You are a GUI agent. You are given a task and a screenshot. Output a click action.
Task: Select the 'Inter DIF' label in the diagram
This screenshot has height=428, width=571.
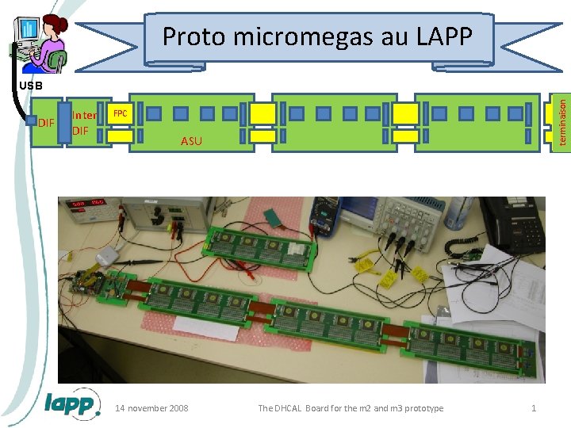(84, 123)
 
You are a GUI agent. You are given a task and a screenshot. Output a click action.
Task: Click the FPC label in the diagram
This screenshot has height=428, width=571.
(120, 113)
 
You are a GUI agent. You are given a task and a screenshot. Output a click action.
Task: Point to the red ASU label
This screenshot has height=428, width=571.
(191, 141)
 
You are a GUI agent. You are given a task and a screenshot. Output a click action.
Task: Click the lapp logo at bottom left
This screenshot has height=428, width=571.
(72, 404)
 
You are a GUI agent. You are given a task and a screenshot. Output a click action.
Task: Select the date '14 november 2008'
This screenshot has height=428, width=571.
(151, 408)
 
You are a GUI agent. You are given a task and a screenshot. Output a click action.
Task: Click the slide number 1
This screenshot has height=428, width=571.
(534, 408)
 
